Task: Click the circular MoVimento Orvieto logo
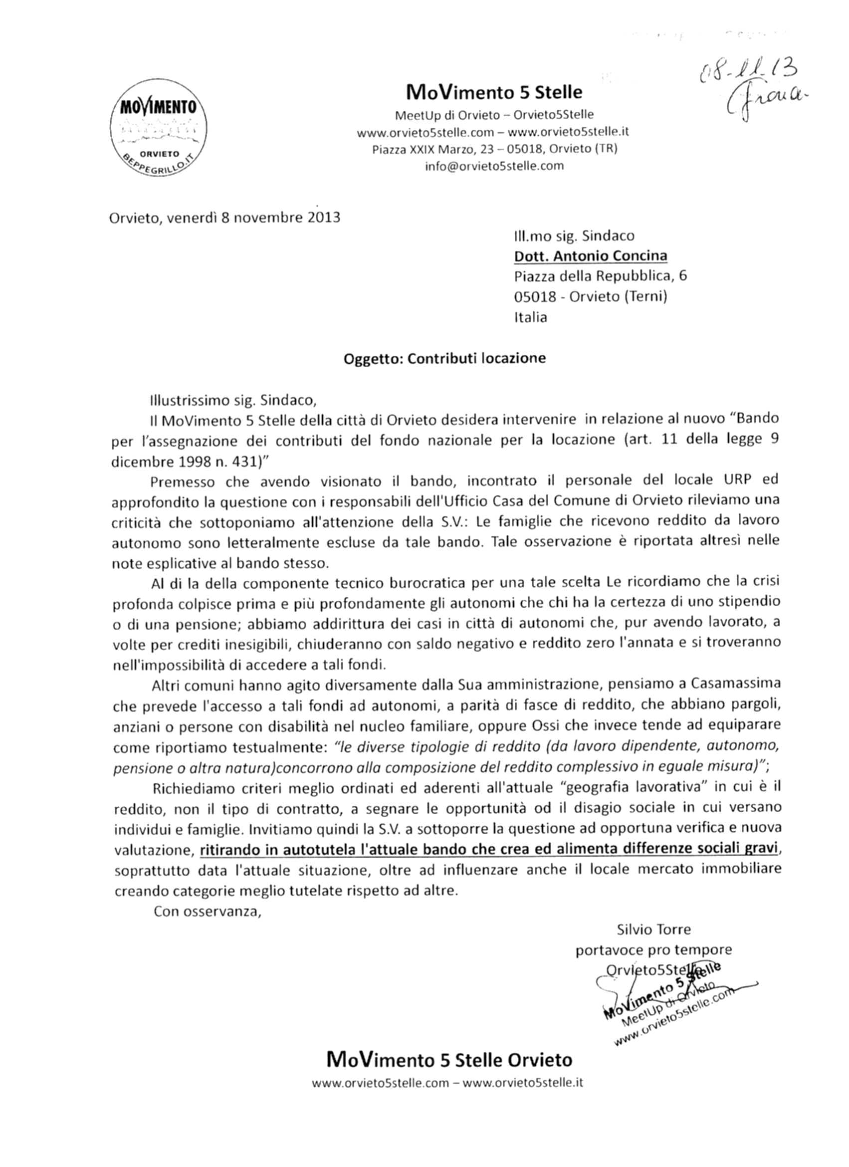coord(159,129)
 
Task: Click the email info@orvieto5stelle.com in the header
coord(493,166)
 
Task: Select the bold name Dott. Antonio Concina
coord(591,256)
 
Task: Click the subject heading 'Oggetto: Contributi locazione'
coord(444,358)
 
